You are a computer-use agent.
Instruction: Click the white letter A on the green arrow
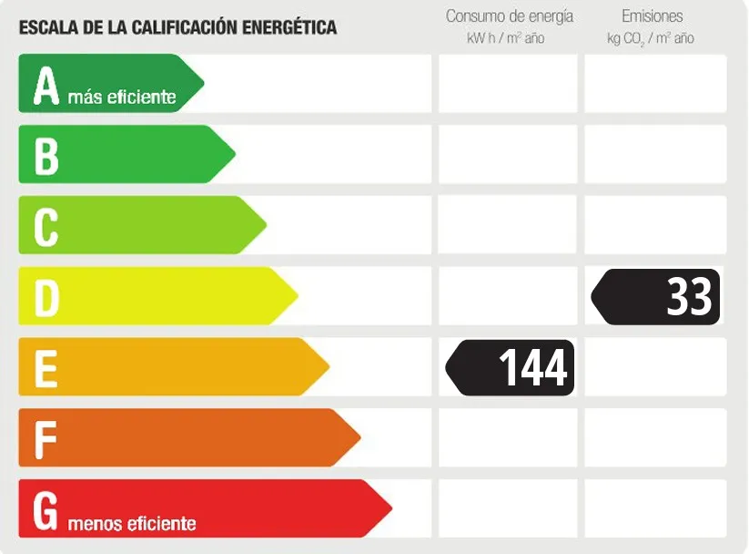tap(46, 86)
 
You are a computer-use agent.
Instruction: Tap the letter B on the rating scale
tap(46, 156)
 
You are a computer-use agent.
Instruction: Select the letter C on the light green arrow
tap(46, 227)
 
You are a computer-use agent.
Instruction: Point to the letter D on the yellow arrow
tap(46, 297)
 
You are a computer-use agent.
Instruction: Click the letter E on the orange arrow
tap(46, 368)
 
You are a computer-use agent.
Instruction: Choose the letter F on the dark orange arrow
tap(46, 438)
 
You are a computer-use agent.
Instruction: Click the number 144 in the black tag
tap(532, 368)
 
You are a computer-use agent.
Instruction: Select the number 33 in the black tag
tap(689, 297)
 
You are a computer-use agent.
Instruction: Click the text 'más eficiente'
tap(122, 97)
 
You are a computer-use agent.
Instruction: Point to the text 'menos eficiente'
tap(132, 524)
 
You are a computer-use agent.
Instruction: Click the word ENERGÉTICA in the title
tap(288, 27)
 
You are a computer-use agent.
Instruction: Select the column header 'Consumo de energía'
tap(510, 16)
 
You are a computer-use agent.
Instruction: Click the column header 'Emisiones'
tap(653, 16)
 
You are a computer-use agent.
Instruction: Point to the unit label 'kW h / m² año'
tap(505, 38)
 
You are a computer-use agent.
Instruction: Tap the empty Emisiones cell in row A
tap(655, 84)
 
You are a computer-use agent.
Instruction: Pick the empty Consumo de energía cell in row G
tap(508, 508)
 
